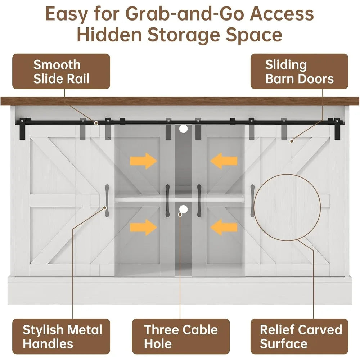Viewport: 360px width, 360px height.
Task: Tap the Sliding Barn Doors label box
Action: [x=299, y=72]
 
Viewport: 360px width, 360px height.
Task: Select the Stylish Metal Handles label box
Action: [x=61, y=336]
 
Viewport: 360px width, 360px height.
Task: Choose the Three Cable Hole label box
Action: [x=180, y=336]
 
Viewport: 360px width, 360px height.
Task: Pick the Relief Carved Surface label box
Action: [x=299, y=336]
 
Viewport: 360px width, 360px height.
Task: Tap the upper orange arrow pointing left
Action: [x=224, y=161]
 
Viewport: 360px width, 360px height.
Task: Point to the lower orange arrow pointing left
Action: [x=224, y=227]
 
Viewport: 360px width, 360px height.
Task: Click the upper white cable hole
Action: [x=184, y=128]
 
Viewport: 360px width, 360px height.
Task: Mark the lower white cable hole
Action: [x=184, y=209]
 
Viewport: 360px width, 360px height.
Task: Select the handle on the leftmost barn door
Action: [x=107, y=201]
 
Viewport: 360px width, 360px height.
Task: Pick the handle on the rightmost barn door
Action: [x=252, y=201]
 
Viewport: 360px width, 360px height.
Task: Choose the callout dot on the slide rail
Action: [x=96, y=123]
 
